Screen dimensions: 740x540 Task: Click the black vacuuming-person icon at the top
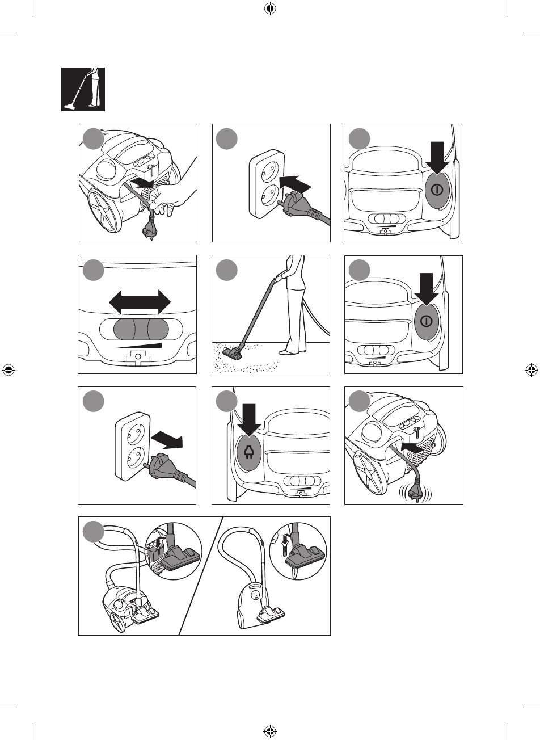83,89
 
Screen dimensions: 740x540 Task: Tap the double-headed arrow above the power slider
140,301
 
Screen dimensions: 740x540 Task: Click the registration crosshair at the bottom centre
270,731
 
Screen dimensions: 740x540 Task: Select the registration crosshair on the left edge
8,370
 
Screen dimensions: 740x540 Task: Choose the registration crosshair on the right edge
531,370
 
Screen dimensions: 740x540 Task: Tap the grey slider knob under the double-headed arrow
140,329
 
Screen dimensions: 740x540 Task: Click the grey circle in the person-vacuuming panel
227,271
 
